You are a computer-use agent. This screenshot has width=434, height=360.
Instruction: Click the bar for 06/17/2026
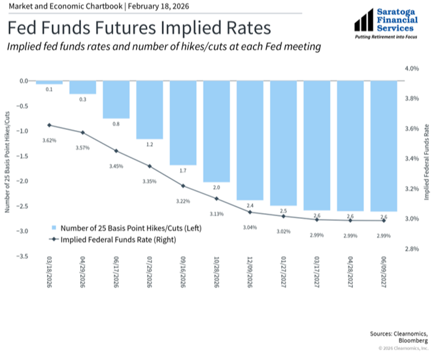point(116,99)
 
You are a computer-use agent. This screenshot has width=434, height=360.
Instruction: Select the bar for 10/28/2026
point(216,131)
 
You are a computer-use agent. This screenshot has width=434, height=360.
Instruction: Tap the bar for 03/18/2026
point(49,82)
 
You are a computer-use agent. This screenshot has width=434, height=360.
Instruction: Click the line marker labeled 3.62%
point(49,125)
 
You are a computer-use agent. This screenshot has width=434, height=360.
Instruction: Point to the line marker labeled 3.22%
point(183,186)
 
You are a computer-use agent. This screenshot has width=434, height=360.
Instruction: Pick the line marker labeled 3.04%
point(250,212)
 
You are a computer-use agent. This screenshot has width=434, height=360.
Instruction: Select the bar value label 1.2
point(150,144)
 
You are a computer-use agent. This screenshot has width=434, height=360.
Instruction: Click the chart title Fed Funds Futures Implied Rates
point(139,29)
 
